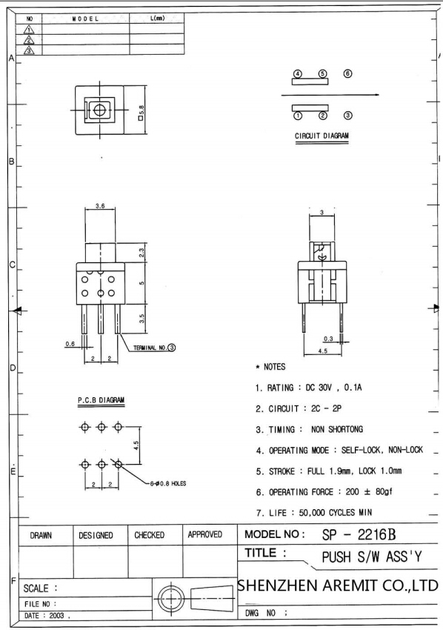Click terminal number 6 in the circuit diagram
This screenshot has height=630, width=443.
point(348,73)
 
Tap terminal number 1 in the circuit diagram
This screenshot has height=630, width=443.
point(298,116)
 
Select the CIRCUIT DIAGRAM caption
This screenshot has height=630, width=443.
point(322,136)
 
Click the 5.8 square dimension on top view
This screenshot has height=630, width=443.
point(141,113)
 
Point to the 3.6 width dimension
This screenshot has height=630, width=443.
point(100,206)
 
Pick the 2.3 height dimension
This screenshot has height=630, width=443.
point(141,253)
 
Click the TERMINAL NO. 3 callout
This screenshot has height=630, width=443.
point(155,348)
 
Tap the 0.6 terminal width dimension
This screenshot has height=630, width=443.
point(70,344)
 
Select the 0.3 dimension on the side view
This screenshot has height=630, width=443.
point(328,339)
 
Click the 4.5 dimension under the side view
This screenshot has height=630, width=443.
point(322,351)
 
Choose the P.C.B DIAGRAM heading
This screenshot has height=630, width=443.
point(101,400)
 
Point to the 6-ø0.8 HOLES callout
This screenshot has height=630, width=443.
point(168,484)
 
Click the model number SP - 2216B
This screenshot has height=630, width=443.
point(359,535)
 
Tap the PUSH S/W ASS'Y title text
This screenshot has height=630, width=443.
point(372,557)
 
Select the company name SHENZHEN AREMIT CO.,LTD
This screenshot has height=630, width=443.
point(338,586)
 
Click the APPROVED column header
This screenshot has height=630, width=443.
point(205,535)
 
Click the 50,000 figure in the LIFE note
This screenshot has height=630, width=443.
point(312,513)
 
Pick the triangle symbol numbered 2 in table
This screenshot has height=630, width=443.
point(29,40)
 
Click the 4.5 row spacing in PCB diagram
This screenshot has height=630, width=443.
point(136,445)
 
